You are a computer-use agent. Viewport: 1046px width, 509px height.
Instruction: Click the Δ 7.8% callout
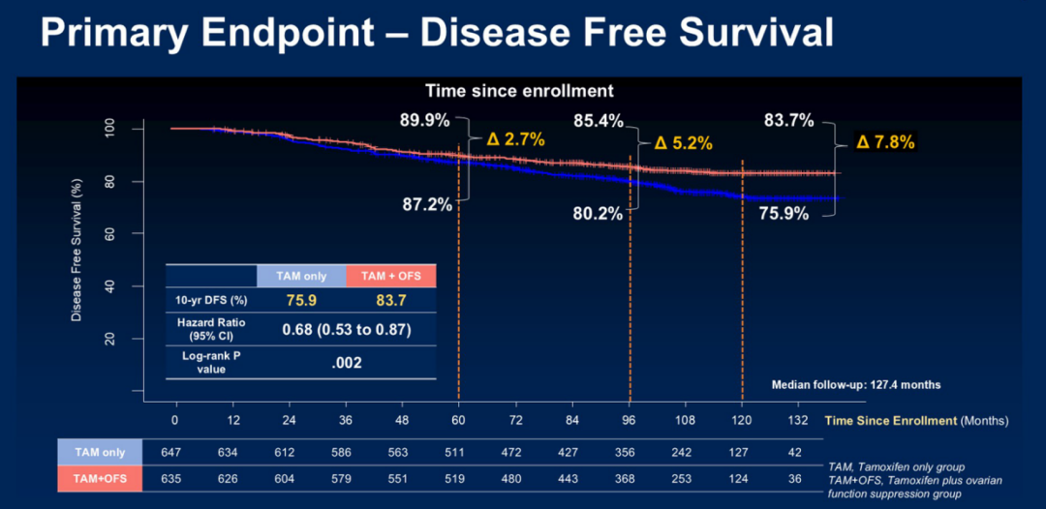[885, 142]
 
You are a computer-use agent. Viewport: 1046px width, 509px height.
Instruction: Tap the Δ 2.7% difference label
[515, 139]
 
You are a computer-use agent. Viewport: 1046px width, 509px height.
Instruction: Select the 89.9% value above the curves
[423, 121]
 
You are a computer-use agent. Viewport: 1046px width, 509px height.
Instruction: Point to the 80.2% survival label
[598, 214]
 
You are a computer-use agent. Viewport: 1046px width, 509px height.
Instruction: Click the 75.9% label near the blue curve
[784, 214]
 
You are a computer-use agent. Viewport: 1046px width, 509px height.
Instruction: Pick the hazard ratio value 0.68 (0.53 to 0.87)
[346, 329]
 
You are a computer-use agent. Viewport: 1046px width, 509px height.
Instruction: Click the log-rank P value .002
[346, 364]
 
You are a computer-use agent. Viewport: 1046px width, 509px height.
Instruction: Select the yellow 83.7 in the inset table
[390, 300]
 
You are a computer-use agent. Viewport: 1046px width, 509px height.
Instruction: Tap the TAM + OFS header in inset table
[390, 276]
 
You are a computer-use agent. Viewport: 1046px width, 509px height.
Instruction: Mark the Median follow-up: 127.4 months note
[855, 385]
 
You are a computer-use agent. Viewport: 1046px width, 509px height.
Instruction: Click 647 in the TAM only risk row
[174, 451]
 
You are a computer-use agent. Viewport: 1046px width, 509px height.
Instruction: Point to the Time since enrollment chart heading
[519, 90]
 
